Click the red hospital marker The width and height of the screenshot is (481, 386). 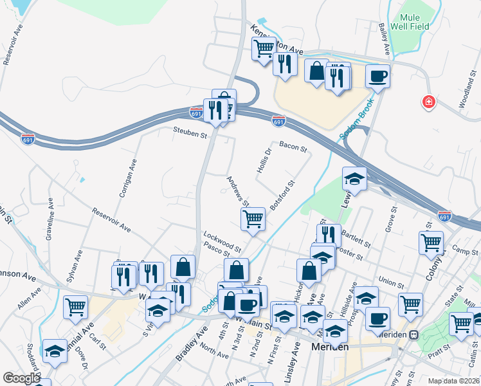click(428, 102)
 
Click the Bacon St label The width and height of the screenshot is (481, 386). click(293, 147)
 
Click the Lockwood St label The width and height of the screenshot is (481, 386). click(222, 242)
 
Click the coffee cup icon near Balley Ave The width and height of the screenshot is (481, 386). click(378, 76)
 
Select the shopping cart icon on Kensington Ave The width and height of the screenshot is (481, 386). click(264, 48)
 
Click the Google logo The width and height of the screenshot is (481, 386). click(21, 378)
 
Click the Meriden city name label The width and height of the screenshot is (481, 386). click(330, 346)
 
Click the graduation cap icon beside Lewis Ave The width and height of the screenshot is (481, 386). click(354, 179)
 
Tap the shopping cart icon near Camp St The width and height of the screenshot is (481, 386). click(431, 243)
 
